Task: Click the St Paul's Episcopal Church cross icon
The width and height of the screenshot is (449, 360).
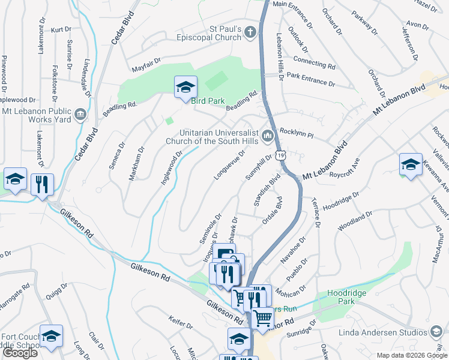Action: coord(252,34)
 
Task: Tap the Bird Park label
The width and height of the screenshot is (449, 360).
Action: coord(207,101)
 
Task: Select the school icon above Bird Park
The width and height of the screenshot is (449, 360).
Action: coord(185,87)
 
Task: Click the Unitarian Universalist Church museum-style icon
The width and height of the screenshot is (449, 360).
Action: coord(267,137)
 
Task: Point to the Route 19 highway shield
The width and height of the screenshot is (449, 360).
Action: coord(280,156)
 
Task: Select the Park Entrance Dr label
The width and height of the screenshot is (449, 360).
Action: coord(309,76)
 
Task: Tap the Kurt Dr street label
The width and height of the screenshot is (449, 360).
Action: coord(61,29)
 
